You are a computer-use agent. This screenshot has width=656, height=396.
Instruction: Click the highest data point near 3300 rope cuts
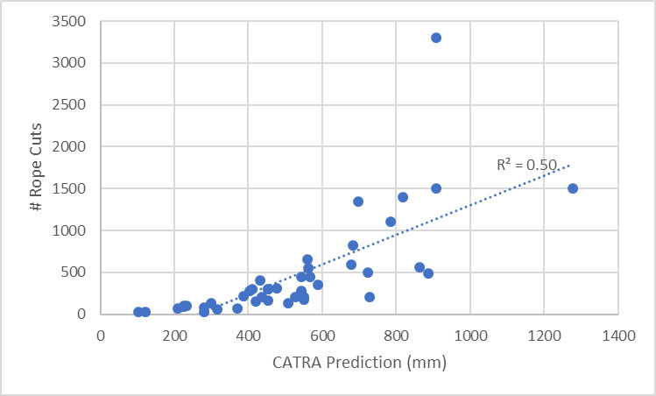pyautogui.click(x=436, y=38)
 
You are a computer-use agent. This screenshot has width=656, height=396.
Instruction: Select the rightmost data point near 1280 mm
pyautogui.click(x=573, y=188)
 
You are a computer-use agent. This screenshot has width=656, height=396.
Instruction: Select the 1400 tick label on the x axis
pyautogui.click(x=618, y=335)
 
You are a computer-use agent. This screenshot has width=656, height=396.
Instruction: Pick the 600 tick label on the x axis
pyautogui.click(x=322, y=335)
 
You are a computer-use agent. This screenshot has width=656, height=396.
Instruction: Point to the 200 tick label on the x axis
pyautogui.click(x=174, y=335)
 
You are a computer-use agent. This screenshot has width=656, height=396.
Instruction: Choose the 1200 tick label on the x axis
pyautogui.click(x=544, y=335)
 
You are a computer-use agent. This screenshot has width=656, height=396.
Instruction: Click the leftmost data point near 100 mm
pyautogui.click(x=138, y=312)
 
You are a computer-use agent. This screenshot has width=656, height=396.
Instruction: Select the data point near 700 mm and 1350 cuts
pyautogui.click(x=358, y=202)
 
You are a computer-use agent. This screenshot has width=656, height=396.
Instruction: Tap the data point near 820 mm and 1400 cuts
pyautogui.click(x=403, y=197)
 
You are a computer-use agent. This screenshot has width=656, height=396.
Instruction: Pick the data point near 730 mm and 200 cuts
pyautogui.click(x=370, y=297)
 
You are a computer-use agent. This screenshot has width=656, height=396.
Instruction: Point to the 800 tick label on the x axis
pyautogui.click(x=396, y=335)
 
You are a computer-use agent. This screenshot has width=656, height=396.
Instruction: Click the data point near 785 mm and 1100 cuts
pyautogui.click(x=391, y=222)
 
